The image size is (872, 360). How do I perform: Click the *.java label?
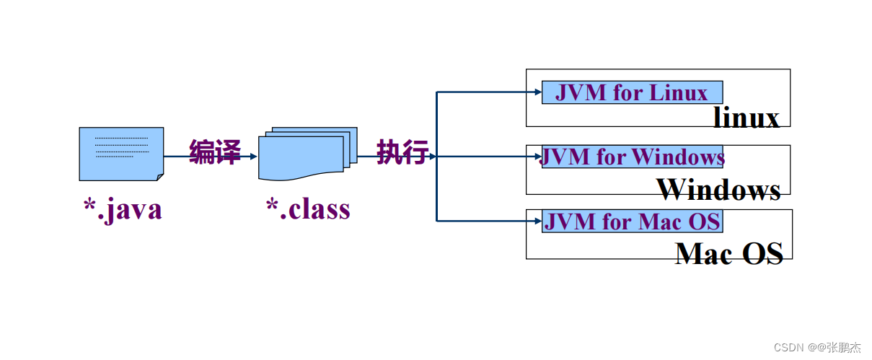[122, 209]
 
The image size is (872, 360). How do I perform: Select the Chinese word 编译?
[214, 153]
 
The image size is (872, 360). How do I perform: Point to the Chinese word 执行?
[402, 153]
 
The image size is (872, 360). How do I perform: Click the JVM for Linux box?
[632, 92]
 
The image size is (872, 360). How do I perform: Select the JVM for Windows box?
[632, 157]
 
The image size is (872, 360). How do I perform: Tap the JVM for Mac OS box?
[632, 221]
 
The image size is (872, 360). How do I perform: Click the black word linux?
[747, 118]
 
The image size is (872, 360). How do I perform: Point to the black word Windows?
[718, 190]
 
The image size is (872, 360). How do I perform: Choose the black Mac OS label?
[729, 253]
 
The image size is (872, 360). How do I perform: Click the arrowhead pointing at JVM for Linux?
[537, 92]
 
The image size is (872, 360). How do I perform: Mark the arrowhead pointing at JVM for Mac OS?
[537, 221]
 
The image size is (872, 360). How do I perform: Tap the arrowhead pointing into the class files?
[253, 156]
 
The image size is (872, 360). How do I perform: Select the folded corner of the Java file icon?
[159, 176]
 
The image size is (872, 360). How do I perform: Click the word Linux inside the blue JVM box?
[679, 93]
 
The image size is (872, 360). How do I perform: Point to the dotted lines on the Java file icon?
[120, 147]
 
